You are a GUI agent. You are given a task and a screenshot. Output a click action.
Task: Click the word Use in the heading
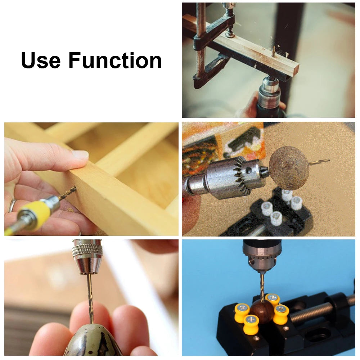coord(41,60)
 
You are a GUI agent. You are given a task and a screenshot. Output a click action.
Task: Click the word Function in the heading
coord(115,60)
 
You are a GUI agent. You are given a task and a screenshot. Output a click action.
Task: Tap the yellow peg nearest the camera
coord(251,324)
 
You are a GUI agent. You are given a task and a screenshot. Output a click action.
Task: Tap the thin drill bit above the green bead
coord(90,295)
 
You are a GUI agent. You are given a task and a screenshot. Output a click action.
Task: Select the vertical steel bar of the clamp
coord(201,40)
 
